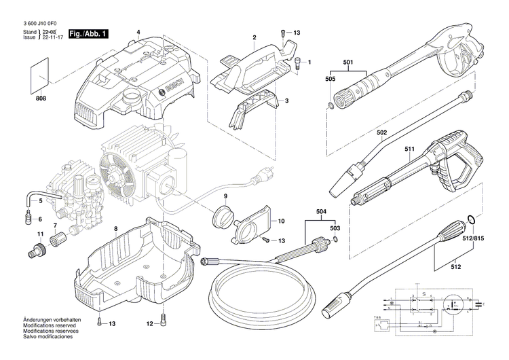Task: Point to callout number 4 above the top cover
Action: pyautogui.click(x=138, y=33)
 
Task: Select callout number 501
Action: pyautogui.click(x=347, y=63)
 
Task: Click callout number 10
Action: pyautogui.click(x=281, y=221)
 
